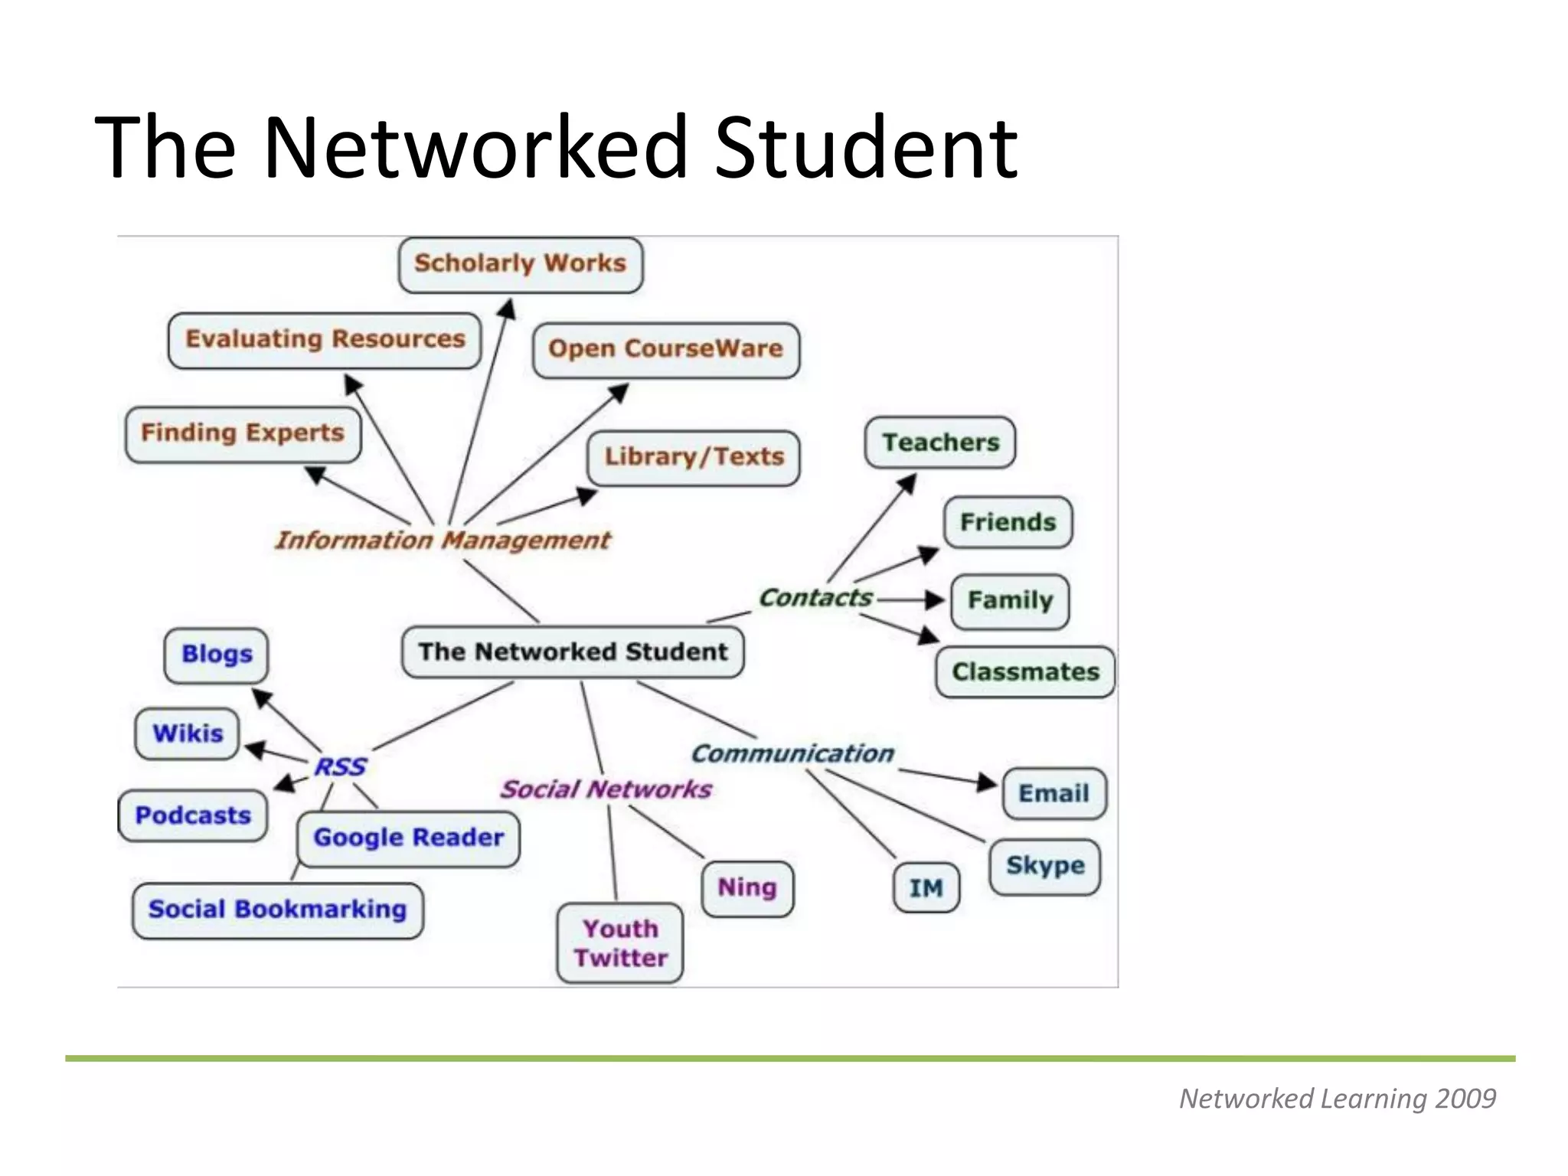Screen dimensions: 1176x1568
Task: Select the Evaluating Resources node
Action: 325,340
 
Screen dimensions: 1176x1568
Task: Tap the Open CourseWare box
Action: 665,350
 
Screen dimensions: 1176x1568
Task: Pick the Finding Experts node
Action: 243,434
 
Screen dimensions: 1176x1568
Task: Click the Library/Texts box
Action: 694,458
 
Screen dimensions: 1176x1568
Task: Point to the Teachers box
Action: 940,443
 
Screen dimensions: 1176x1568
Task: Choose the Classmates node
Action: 1025,672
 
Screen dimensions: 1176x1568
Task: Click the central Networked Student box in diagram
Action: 573,652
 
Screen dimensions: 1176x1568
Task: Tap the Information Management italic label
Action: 443,541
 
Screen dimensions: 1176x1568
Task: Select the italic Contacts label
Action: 815,598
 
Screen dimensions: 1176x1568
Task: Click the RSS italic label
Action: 340,766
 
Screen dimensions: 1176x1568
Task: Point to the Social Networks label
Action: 606,789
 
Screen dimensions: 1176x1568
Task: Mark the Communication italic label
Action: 792,753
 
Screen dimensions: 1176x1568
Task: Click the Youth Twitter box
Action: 620,943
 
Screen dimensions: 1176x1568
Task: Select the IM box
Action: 926,888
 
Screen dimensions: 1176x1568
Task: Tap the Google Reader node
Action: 408,838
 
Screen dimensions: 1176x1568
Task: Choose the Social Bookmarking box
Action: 277,910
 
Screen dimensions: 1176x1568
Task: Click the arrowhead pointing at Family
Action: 935,599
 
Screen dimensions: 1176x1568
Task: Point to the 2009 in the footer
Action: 1465,1099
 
